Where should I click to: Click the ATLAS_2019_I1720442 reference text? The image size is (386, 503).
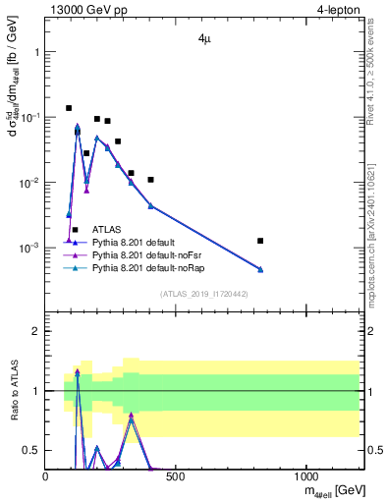[x=203, y=294]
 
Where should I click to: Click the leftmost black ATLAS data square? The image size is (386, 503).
[x=69, y=108]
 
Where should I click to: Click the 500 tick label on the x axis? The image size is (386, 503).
[x=176, y=475]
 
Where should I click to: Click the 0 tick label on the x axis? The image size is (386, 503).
[x=46, y=475]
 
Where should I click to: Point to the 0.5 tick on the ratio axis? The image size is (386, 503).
[x=31, y=450]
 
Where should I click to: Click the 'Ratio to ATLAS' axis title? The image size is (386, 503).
[x=13, y=391]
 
